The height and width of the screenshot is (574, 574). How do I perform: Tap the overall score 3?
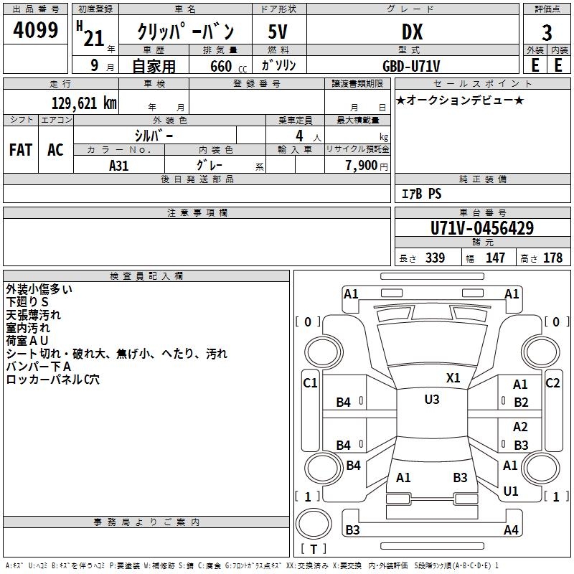click(547, 33)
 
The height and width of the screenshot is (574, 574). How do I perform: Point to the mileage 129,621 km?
click(83, 103)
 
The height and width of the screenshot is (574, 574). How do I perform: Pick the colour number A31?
click(119, 164)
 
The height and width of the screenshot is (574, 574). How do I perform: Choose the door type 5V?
click(278, 33)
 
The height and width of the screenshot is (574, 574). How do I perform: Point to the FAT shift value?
click(21, 150)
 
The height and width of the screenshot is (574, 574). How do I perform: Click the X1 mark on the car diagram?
click(453, 377)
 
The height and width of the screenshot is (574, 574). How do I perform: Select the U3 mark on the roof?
click(431, 400)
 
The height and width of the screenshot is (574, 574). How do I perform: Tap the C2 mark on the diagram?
click(552, 382)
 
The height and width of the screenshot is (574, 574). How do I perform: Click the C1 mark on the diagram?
click(310, 382)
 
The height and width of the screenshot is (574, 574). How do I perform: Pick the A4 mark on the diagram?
click(511, 530)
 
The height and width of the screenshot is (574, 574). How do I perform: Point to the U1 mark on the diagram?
click(511, 491)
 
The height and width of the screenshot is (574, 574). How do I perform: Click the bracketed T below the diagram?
click(314, 549)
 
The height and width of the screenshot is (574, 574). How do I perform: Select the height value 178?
click(552, 258)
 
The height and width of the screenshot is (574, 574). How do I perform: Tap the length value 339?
click(435, 258)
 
